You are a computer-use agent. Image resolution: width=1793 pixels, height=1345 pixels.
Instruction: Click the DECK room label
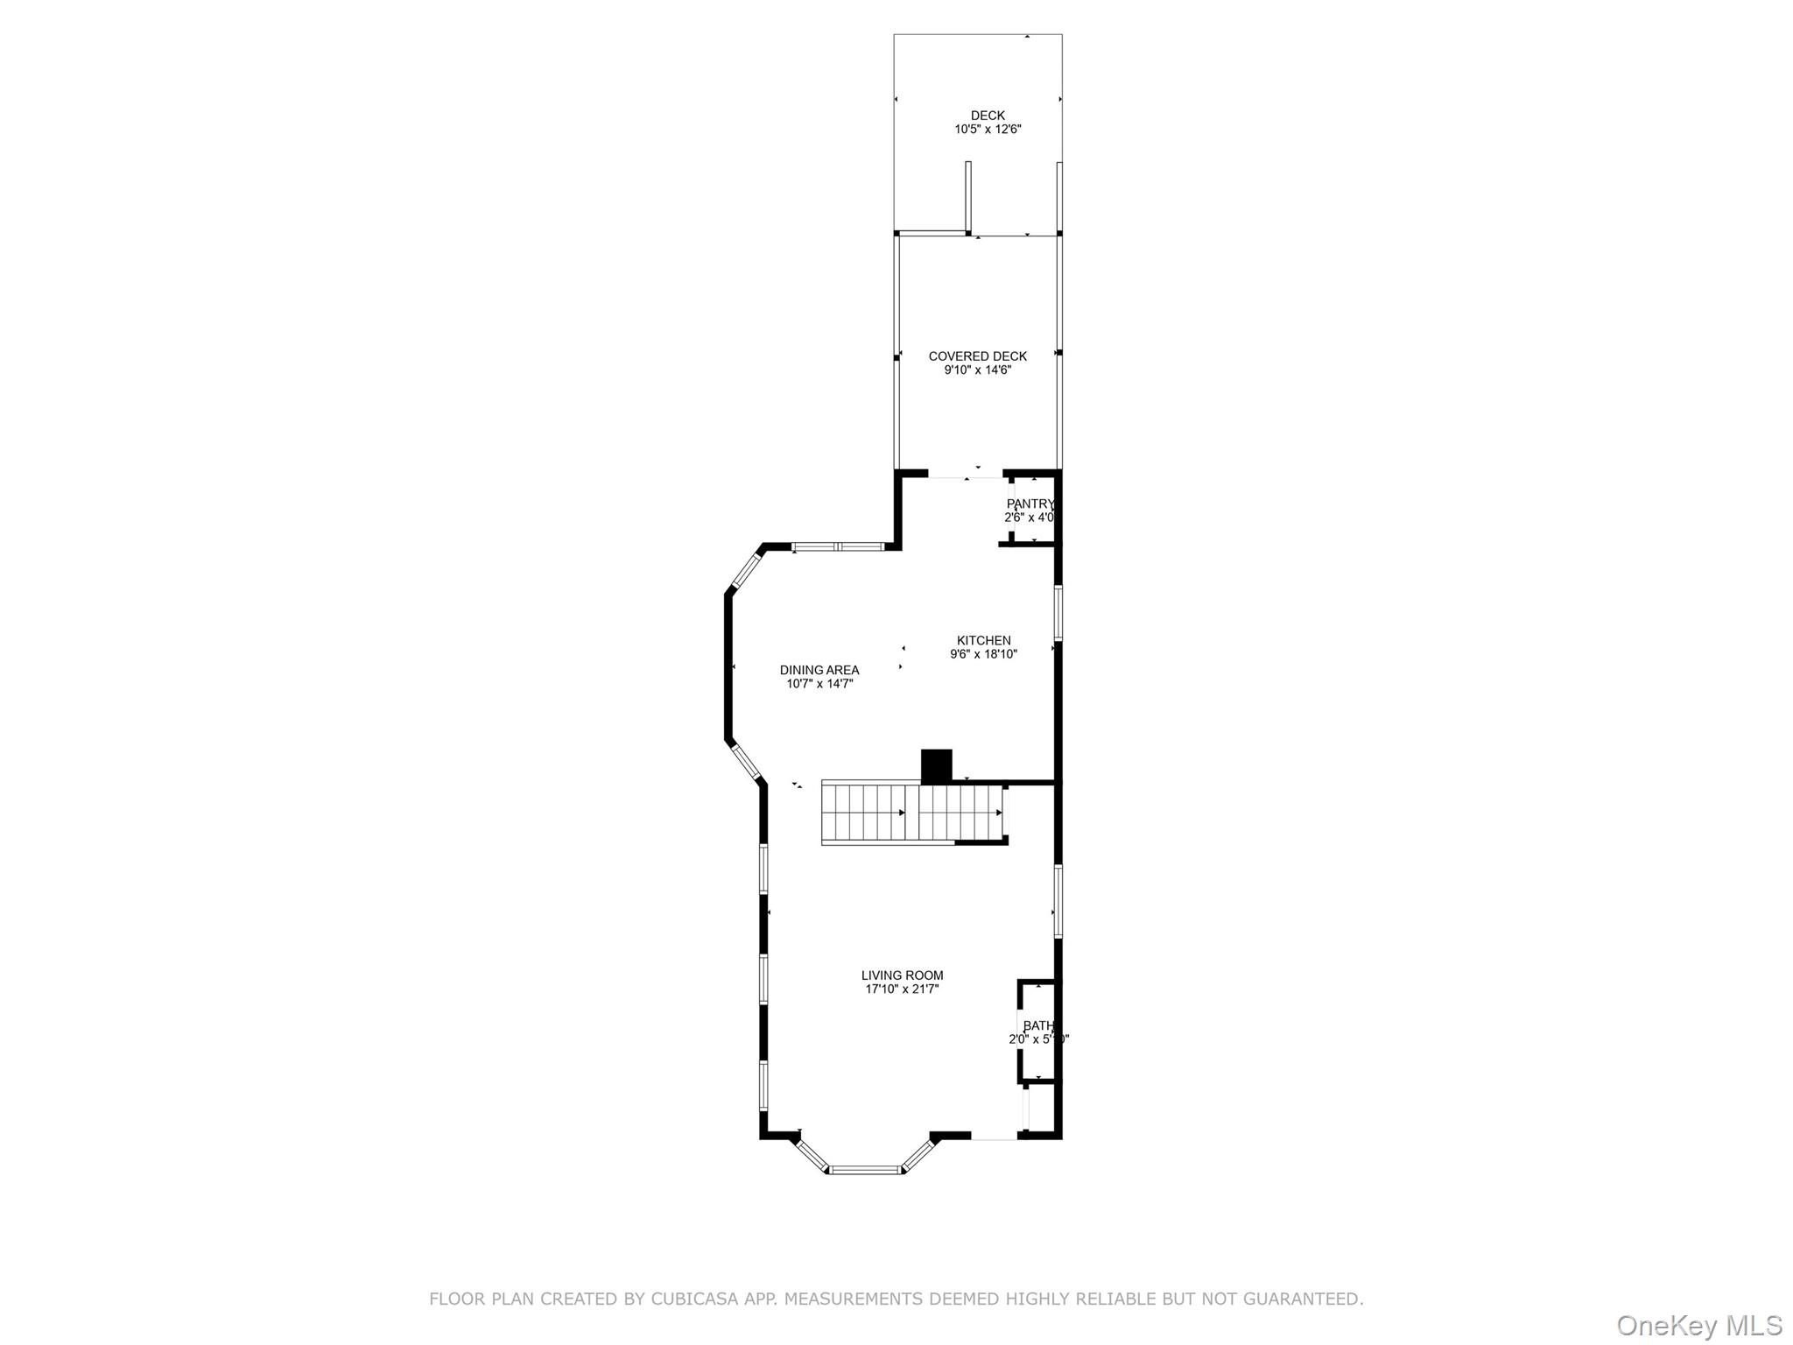pos(988,116)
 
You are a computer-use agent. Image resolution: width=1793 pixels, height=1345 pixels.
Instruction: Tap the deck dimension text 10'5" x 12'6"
pos(988,130)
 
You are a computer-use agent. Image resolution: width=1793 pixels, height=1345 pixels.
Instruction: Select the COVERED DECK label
pos(977,356)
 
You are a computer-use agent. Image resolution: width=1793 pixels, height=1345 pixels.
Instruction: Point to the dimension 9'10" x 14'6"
pos(977,370)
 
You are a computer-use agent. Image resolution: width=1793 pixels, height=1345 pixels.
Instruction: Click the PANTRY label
pos(1030,504)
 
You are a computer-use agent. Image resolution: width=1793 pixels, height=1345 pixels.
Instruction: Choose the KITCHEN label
pos(983,641)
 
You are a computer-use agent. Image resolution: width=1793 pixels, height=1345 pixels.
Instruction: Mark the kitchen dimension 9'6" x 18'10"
pos(983,654)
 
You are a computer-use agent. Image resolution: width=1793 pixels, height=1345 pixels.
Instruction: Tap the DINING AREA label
pos(819,671)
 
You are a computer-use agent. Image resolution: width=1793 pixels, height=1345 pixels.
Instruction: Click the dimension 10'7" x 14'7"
pos(819,684)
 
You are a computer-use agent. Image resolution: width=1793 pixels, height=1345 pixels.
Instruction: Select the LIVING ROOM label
pos(902,975)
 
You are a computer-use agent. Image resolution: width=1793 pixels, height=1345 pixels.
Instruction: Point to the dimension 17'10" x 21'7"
pos(902,989)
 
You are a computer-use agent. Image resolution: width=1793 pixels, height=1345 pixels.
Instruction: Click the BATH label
pos(1038,1026)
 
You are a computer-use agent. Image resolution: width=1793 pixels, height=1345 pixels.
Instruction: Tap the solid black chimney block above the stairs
pos(936,765)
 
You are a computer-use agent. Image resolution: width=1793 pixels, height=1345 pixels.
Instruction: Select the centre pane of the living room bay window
pos(865,1169)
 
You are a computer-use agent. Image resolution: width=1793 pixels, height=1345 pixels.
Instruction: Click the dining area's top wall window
pos(837,547)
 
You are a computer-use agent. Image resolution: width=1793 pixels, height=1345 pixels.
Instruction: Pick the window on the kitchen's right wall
pos(1058,613)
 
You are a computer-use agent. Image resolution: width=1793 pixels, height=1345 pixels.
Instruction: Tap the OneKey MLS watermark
pos(1698,1325)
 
